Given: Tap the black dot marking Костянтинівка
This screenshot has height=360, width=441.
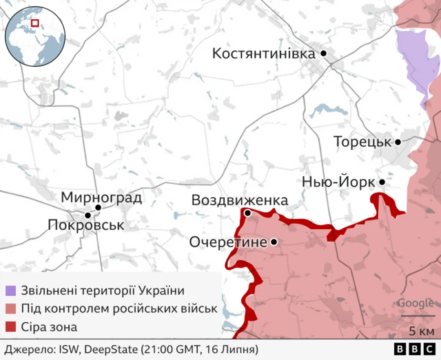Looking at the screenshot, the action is pos(322,53).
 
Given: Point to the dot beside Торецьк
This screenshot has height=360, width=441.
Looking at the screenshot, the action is pos(398,142).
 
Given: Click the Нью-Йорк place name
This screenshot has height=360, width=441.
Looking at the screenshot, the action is pos(338,182).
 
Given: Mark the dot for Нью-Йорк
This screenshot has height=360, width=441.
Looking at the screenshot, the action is pos(382,182).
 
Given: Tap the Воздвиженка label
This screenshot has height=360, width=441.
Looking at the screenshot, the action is pos(239,200).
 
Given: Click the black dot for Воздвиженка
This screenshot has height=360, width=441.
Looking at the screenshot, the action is pos(247,213).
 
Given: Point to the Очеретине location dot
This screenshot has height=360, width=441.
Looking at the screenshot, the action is pos(274,242).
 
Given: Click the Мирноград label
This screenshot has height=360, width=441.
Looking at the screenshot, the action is pos(101,198).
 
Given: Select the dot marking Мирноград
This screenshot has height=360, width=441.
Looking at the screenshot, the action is pos(98,207).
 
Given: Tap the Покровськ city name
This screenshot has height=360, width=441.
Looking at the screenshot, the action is pos(86,225).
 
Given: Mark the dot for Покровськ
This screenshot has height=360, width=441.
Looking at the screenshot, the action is pos(88,215).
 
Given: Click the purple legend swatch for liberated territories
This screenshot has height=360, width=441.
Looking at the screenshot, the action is pos(10,290).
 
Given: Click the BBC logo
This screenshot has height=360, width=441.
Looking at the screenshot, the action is pos(409,350).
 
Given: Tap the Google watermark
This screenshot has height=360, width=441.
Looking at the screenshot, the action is pos(415,304).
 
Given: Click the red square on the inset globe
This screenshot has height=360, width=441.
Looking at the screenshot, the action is pos(34,25).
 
